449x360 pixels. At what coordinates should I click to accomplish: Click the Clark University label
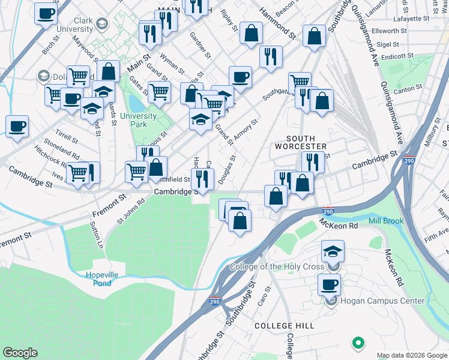[x=74, y=25]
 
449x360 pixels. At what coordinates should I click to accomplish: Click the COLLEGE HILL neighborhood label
[x=276, y=325]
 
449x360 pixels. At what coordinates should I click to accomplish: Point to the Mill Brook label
[x=387, y=221]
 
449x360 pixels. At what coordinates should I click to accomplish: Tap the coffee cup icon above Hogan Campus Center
[x=329, y=284]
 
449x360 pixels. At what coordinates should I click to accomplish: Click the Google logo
[x=20, y=353]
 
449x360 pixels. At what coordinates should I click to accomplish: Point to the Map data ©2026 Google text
[x=411, y=355]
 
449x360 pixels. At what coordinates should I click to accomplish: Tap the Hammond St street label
[x=278, y=25]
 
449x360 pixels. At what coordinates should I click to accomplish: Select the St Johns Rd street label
[x=131, y=210]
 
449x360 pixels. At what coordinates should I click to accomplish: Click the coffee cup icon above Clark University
[x=46, y=13]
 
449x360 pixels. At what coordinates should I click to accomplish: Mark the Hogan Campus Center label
[x=382, y=301]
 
